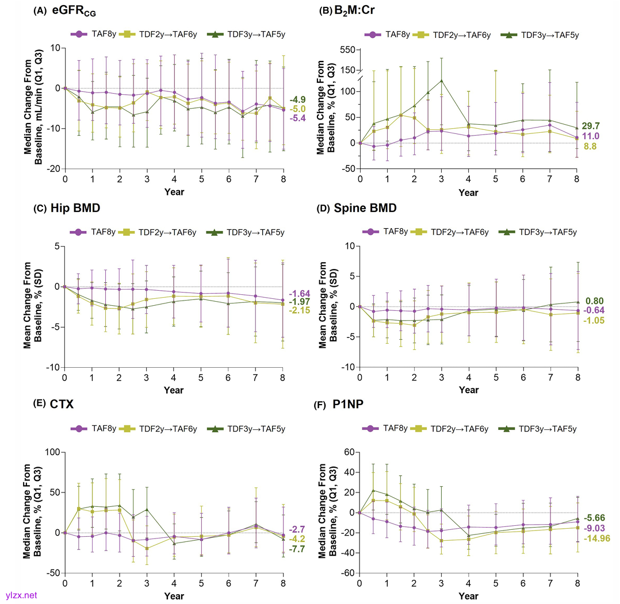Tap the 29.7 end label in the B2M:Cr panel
click(592, 125)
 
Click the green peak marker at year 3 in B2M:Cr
click(441, 80)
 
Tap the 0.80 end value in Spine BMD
click(594, 300)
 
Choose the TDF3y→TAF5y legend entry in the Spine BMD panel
click(541, 232)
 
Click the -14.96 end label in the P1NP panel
click(596, 538)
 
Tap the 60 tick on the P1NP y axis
click(348, 452)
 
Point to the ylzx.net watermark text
click(21, 595)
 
